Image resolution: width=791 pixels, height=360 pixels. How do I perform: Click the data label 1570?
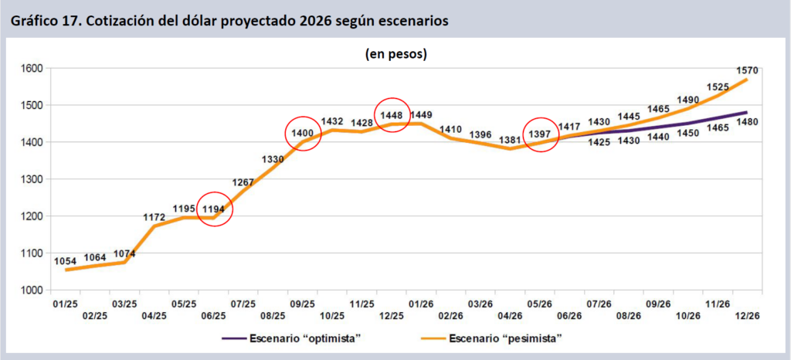746,70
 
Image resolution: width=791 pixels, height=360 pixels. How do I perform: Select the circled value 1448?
392,115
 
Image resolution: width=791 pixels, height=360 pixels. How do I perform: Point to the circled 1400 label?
303,134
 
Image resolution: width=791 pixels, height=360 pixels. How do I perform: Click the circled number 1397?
541,134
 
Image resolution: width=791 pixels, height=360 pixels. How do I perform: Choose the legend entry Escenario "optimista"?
291,338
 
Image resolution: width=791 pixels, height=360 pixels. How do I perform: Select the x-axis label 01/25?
65,304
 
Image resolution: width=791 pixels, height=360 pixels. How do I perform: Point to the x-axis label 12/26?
748,316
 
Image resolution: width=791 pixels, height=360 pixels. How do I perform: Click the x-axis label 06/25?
213,316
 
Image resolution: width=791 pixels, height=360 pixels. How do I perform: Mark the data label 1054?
65,261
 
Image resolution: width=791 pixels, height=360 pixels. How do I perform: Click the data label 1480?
747,121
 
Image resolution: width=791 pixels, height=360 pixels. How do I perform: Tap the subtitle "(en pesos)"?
395,54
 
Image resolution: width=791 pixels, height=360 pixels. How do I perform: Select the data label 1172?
154,217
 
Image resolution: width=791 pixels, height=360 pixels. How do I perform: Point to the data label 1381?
511,141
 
